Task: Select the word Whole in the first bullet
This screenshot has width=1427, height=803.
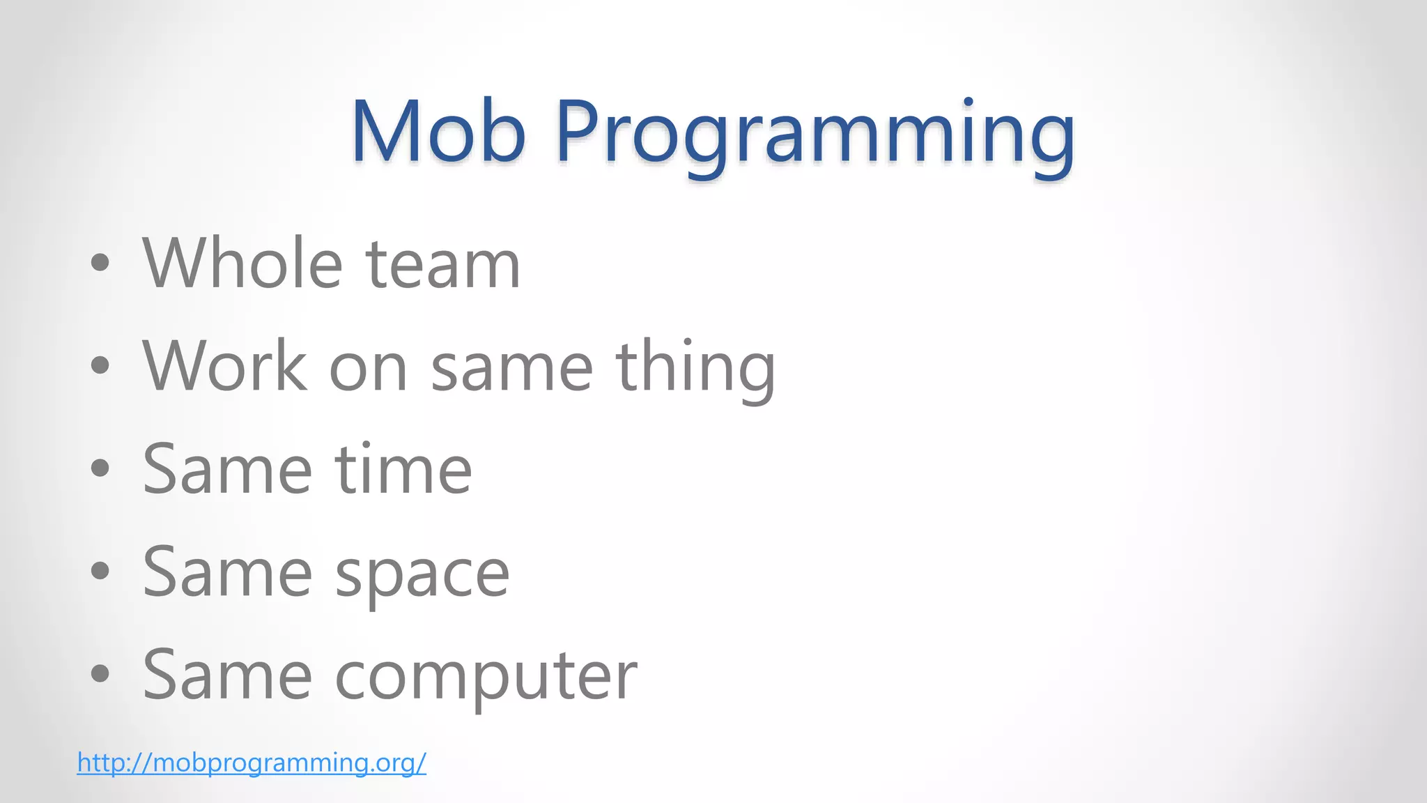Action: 242,263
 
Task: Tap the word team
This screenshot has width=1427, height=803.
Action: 443,265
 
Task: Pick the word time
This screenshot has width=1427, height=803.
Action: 403,470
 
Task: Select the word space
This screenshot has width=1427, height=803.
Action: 422,576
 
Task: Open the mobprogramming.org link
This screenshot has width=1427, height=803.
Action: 252,762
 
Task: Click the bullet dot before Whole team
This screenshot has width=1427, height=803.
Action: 100,263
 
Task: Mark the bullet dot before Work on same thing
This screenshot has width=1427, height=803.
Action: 100,365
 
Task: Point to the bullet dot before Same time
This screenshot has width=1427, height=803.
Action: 100,468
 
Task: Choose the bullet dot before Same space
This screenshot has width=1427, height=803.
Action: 100,571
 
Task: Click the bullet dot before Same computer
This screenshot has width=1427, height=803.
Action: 100,673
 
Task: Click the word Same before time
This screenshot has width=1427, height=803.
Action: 227,470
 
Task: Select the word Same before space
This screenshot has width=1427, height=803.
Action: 227,572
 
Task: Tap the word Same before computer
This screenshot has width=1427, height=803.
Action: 227,675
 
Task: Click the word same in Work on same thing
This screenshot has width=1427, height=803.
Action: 511,368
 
